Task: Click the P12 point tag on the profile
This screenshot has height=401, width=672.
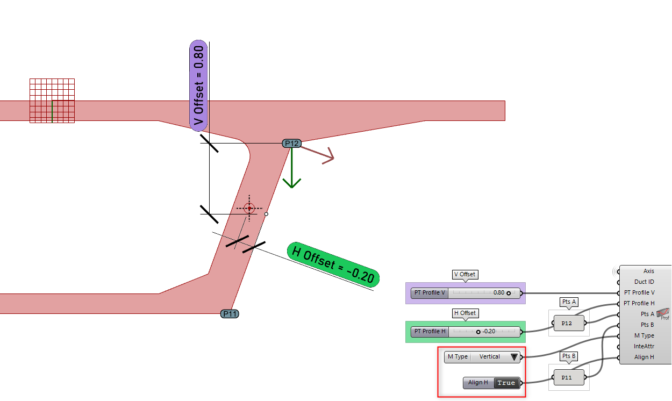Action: [x=291, y=144]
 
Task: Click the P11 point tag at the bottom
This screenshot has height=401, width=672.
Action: [x=230, y=314]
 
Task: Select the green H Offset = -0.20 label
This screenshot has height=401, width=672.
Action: [x=333, y=264]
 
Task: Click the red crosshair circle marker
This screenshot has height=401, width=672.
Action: [x=249, y=208]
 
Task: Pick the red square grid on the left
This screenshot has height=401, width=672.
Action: [x=52, y=101]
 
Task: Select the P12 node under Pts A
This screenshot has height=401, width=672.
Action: [x=567, y=324]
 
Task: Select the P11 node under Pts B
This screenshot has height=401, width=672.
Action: [x=567, y=378]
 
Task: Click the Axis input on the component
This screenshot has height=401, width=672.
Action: [x=648, y=271]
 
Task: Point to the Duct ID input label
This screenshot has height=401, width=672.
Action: [x=644, y=282]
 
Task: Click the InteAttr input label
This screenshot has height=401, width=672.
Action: [x=644, y=347]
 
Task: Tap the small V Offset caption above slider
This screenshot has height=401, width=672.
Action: [x=465, y=275]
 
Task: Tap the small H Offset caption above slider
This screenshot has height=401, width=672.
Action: [x=465, y=313]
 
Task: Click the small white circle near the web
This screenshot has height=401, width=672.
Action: [x=266, y=214]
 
